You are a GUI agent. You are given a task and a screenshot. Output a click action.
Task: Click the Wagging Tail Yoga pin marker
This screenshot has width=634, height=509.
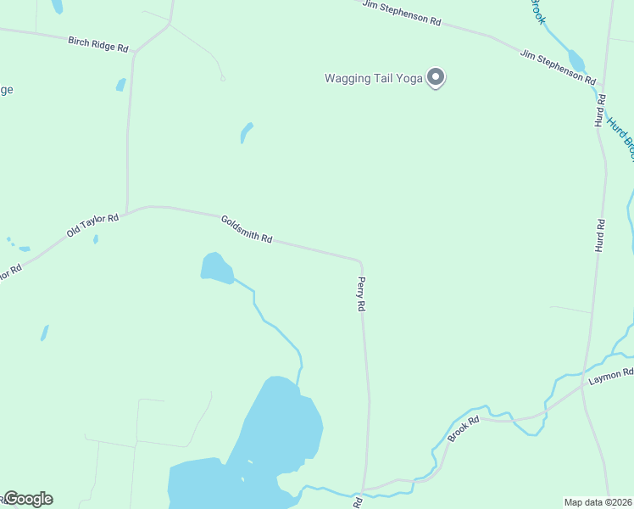pos(436,78)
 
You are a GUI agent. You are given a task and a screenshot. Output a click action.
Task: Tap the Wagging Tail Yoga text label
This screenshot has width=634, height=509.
pos(374,79)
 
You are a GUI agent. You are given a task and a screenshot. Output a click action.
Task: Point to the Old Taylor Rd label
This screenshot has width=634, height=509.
pos(92,226)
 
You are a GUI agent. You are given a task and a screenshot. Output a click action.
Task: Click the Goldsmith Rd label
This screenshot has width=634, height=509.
pos(247,228)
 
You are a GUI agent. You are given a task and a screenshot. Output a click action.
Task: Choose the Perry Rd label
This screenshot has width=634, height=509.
pos(361,294)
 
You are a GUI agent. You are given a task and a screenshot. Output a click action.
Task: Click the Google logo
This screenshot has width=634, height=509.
pos(27,499)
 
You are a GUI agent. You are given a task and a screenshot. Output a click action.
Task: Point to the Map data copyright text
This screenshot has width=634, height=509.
pos(598,502)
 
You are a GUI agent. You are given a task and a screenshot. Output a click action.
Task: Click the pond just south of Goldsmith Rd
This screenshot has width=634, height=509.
pos(216,267)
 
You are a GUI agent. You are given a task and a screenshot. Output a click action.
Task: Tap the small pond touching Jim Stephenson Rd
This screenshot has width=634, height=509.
pos(576,61)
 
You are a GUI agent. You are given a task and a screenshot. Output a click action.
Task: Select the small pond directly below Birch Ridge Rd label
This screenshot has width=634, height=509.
pos(121,85)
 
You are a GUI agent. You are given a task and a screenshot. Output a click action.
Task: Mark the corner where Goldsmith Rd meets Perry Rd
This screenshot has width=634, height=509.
pos(360,261)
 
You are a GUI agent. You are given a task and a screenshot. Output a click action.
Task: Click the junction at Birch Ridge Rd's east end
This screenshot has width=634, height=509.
pos(135,52)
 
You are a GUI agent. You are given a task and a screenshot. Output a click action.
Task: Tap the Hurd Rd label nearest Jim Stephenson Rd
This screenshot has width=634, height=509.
pos(601,111)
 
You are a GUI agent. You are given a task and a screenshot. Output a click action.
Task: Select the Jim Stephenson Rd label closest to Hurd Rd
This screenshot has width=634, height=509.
pos(557,66)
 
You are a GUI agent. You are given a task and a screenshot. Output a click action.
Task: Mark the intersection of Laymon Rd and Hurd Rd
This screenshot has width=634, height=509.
pos(584,386)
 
